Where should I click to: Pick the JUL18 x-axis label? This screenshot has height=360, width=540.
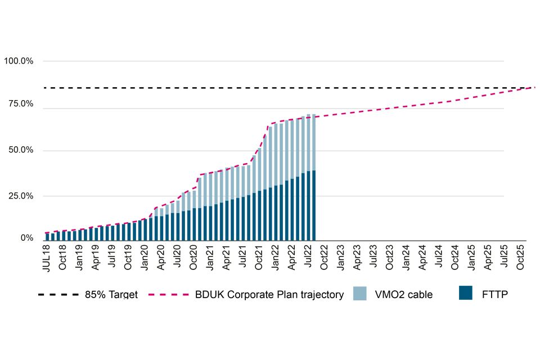point(47,258)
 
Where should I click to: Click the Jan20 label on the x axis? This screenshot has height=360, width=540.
point(145,258)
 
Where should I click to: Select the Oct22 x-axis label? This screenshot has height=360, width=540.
point(325,258)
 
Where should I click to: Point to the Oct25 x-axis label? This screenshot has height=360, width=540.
point(520,258)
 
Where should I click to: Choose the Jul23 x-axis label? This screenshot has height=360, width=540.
point(373,258)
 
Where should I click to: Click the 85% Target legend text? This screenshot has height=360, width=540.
point(111,295)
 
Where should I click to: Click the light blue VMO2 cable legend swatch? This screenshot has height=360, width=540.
point(359,294)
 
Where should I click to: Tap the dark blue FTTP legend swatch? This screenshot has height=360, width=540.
point(465,294)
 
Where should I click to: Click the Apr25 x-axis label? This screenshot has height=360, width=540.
point(488,258)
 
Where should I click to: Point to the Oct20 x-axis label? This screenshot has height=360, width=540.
point(194,258)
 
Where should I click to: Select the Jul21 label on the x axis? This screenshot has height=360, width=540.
point(243,258)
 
